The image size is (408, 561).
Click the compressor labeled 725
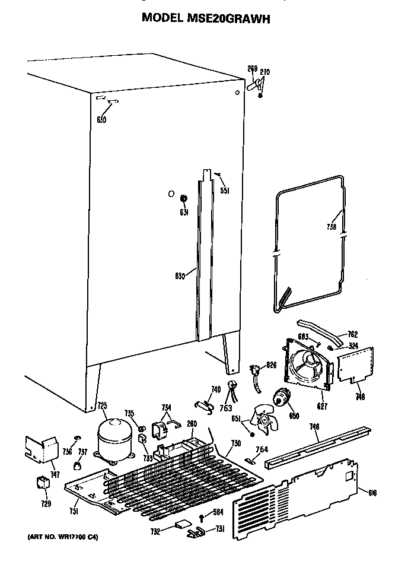pos(114,439)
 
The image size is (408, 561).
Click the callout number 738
pos(331,226)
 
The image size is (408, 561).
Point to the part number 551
pos(225,191)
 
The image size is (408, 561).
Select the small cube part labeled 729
pos(42,483)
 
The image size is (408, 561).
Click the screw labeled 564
pos(203,516)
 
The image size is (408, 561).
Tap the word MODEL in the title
pos(165,18)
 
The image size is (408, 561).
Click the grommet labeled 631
pos(183,198)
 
